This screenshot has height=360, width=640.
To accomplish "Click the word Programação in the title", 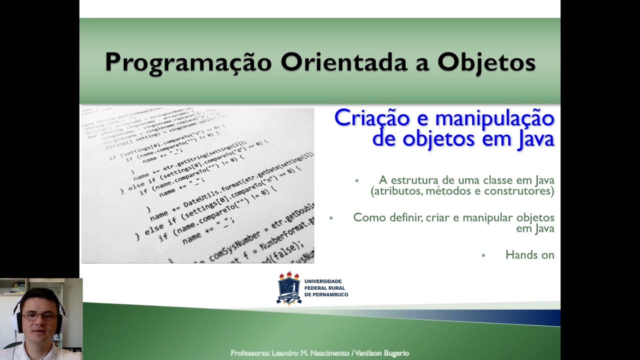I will (x=188, y=62).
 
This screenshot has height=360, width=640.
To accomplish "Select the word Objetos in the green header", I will (x=486, y=62).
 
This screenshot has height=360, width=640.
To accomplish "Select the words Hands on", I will (x=529, y=255).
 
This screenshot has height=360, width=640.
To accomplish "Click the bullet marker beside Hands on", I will (x=483, y=255).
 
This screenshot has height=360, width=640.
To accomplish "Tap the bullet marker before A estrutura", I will (x=357, y=180).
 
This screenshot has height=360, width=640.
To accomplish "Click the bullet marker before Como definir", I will (x=330, y=218).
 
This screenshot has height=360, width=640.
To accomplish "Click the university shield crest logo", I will (x=289, y=288).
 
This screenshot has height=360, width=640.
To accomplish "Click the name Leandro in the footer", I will (x=286, y=353).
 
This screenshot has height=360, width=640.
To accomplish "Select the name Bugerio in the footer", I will (x=395, y=353).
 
